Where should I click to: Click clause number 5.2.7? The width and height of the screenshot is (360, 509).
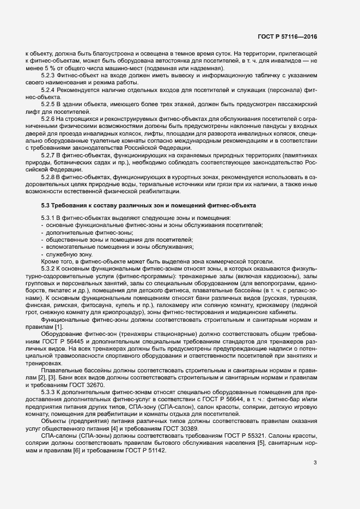pyautogui.click(x=50, y=155)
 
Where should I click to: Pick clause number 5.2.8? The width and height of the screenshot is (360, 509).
pyautogui.click(x=50, y=177)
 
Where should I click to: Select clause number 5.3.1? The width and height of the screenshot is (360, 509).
pyautogui.click(x=50, y=218)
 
